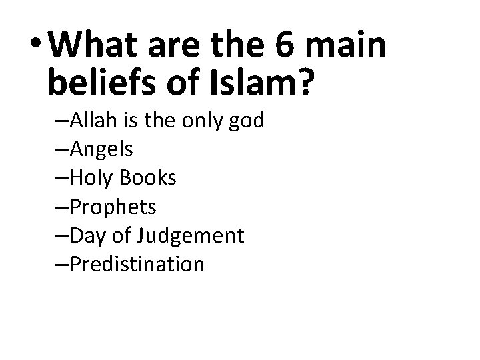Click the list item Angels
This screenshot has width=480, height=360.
pos(100,150)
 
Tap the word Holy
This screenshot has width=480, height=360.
pos(87,178)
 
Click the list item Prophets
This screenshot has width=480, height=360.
pos(111,207)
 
